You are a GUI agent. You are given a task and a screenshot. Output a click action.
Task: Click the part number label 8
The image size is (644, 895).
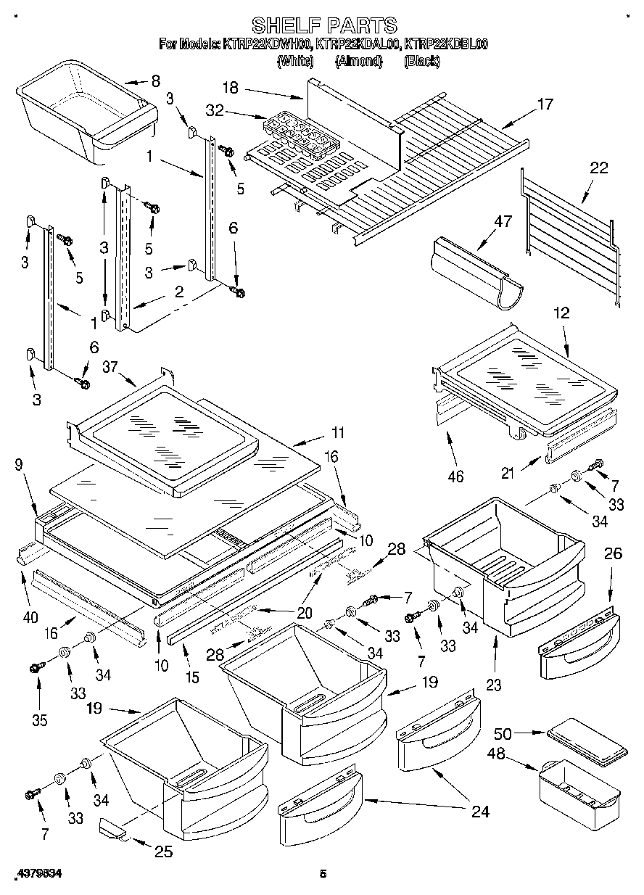tap(154, 81)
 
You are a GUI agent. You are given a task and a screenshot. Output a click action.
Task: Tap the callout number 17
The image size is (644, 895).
tap(544, 104)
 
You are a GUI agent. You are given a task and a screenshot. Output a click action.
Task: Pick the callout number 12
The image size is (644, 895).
tap(561, 314)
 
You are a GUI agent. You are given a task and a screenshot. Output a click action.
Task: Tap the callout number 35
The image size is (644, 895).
tap(39, 720)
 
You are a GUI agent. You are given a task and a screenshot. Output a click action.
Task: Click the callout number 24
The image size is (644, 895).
tap(480, 812)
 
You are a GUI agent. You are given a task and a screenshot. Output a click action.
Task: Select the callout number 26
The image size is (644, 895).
tap(613, 554)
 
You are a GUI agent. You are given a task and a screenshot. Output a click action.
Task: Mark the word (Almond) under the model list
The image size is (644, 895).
tap(358, 62)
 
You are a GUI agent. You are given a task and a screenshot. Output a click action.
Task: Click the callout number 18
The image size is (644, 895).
tap(230, 88)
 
